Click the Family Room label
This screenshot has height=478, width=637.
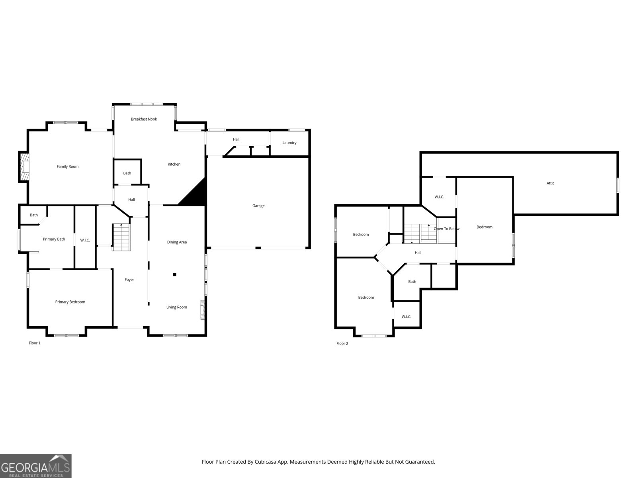click(x=68, y=167)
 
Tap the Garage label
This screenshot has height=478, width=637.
click(x=258, y=206)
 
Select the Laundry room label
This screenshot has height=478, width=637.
click(x=289, y=143)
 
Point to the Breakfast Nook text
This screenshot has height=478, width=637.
click(x=144, y=119)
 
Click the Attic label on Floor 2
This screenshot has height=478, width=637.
click(x=550, y=183)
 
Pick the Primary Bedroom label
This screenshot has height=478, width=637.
click(x=70, y=302)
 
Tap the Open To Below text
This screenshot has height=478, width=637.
click(x=446, y=229)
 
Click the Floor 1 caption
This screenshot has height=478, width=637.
click(x=35, y=343)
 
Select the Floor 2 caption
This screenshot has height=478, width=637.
click(x=342, y=343)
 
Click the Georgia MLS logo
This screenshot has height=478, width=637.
click(x=35, y=466)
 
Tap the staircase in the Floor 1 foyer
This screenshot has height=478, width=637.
click(x=121, y=237)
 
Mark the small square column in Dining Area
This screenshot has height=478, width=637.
click(x=174, y=274)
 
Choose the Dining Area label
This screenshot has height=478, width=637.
click(x=177, y=242)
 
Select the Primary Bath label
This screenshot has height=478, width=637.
click(x=54, y=239)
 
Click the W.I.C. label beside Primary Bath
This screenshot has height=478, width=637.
click(x=85, y=240)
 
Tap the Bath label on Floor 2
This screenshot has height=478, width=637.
click(x=412, y=282)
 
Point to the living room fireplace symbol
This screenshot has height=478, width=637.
click(x=202, y=310)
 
